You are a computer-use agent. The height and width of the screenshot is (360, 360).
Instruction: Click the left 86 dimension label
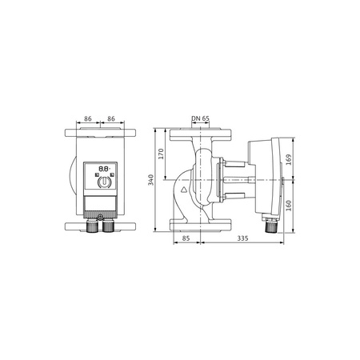click(x=88, y=118)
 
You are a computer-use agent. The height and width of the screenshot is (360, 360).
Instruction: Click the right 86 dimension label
click(x=113, y=118)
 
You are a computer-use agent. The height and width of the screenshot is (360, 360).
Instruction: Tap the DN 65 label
click(x=201, y=118)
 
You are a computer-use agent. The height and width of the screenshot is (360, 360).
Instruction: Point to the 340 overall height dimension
click(x=151, y=180)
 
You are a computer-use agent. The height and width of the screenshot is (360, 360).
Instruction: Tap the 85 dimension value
click(x=185, y=238)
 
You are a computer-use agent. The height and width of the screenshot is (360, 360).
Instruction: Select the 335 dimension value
click(x=241, y=238)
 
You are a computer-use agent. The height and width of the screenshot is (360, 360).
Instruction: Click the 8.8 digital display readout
click(x=102, y=170)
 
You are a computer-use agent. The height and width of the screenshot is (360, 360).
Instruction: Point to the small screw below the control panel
click(x=97, y=215)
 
